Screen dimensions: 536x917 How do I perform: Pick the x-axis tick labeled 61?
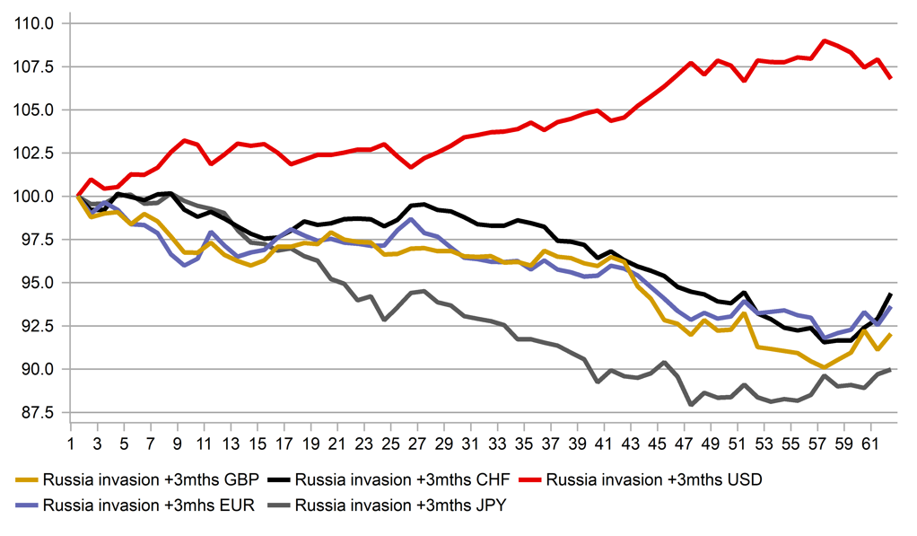(869, 444)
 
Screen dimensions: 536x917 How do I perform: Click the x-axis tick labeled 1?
(70, 444)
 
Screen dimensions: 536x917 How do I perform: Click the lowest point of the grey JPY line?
(690, 404)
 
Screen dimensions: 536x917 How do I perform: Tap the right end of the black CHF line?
(890, 294)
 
